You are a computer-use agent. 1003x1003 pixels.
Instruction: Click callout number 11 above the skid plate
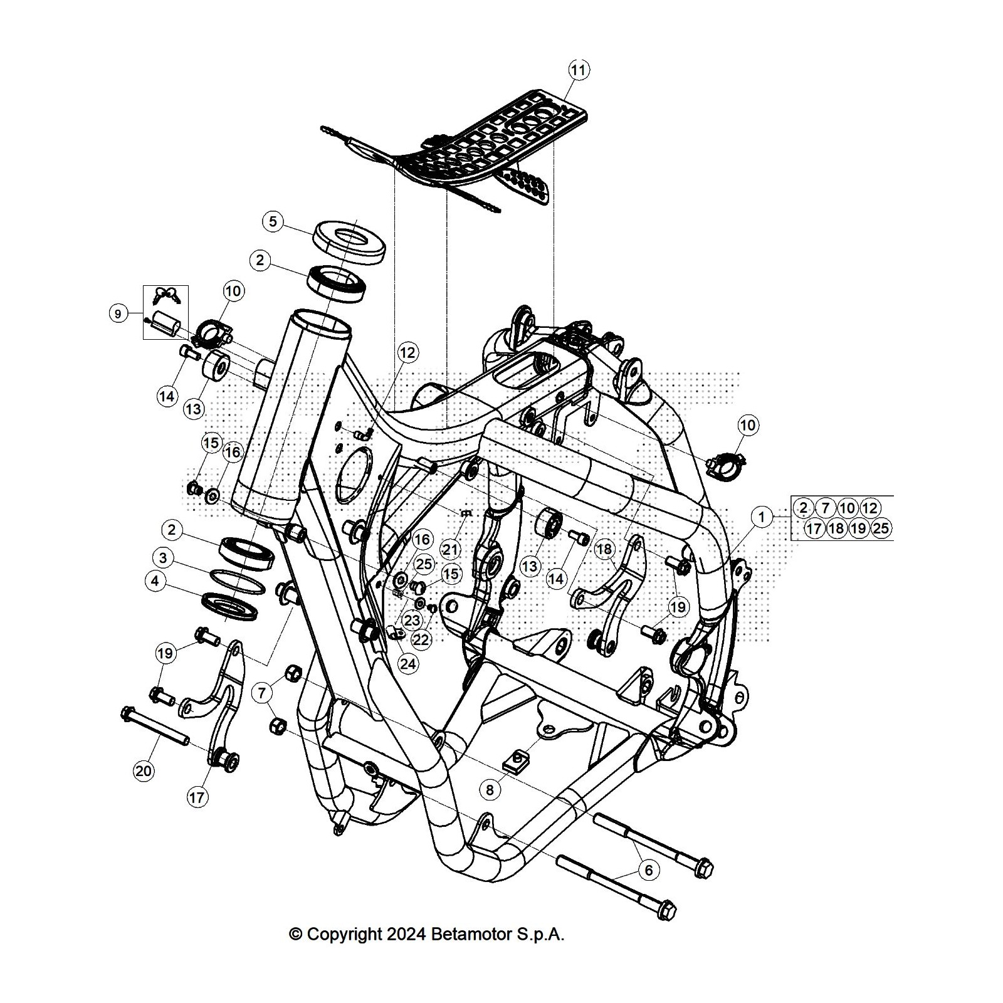[578, 70]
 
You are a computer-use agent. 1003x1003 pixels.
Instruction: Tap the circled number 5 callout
[273, 221]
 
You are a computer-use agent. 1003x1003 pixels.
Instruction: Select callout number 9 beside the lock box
[118, 313]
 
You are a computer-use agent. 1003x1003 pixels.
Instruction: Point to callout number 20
[144, 770]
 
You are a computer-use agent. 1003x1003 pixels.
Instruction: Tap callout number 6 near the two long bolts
[649, 869]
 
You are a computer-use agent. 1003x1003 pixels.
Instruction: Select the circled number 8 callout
[490, 790]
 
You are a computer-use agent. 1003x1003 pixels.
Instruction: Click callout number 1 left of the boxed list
[762, 517]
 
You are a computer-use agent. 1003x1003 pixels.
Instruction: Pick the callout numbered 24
[408, 664]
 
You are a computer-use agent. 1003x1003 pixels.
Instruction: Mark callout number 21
[451, 550]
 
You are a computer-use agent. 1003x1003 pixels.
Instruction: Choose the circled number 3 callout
[163, 557]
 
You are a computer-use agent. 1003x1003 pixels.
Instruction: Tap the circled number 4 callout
[155, 581]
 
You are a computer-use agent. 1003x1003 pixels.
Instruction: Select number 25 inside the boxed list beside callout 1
[881, 528]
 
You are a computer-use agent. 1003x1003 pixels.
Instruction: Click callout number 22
[422, 640]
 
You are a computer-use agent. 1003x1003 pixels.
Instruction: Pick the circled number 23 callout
[412, 621]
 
